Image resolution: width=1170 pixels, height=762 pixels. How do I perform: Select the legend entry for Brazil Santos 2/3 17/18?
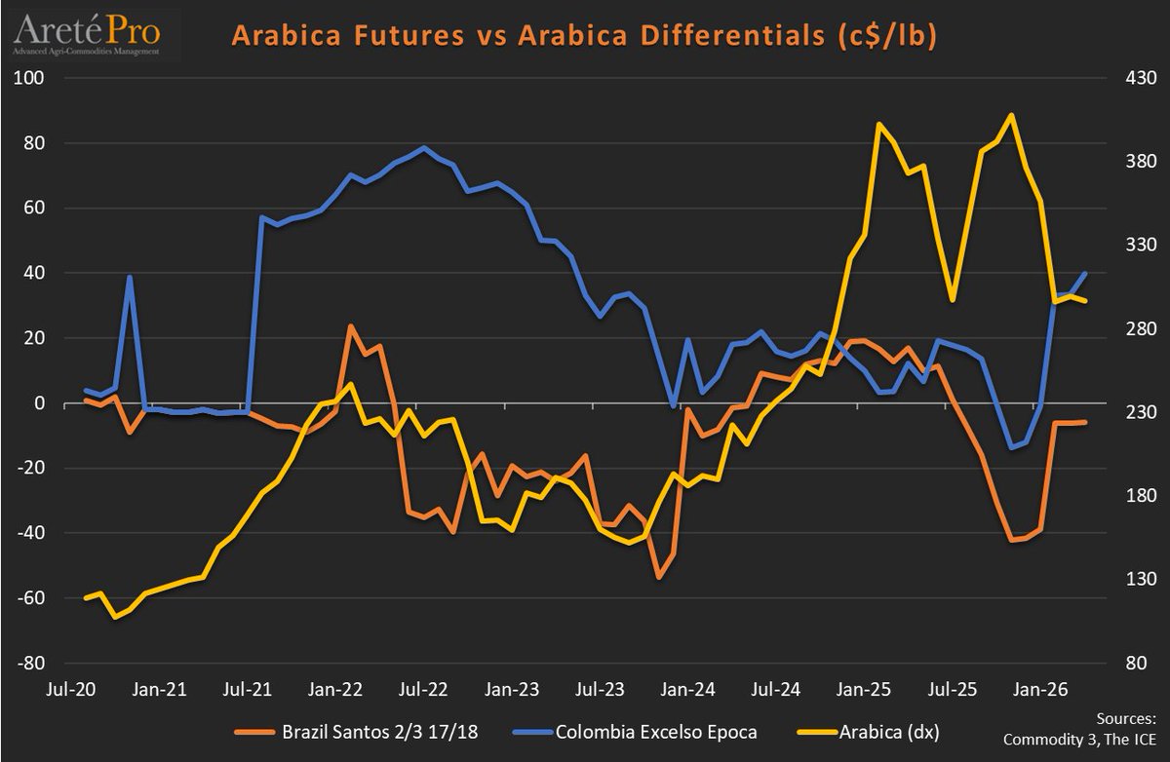click(370, 729)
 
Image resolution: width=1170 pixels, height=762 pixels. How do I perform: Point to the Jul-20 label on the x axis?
click(71, 689)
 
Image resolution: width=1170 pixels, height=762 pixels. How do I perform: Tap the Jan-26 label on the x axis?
click(1041, 689)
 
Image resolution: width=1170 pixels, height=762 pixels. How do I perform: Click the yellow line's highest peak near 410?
click(1011, 115)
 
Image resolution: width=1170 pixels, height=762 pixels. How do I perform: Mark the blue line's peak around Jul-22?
click(423, 148)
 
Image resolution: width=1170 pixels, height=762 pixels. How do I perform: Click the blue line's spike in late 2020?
click(130, 277)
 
